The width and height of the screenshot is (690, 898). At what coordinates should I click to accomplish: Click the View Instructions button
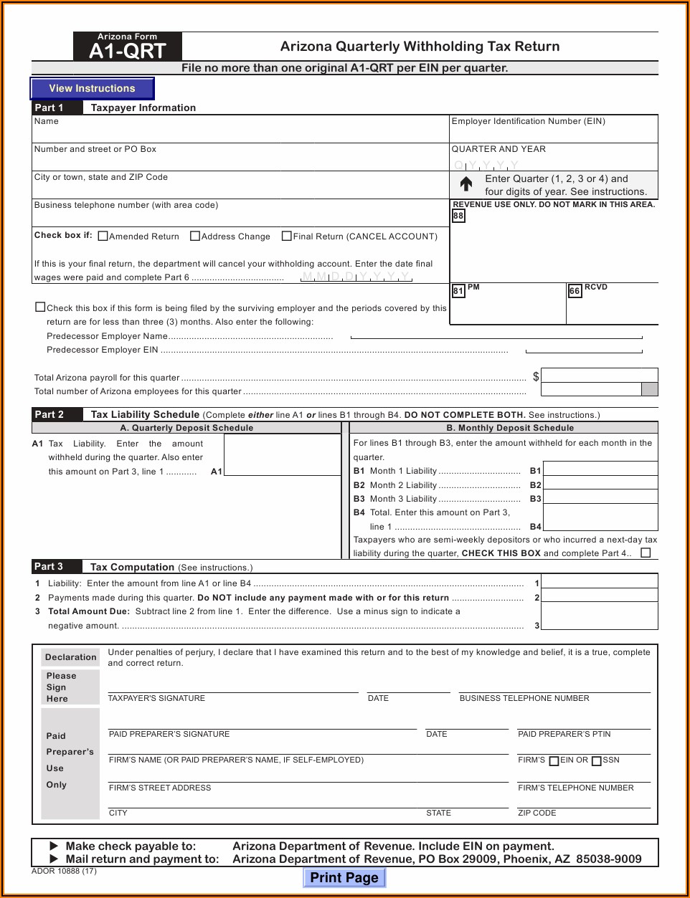92,88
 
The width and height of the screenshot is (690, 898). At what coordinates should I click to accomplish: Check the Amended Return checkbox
103,236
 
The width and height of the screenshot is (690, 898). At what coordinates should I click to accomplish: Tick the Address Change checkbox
195,236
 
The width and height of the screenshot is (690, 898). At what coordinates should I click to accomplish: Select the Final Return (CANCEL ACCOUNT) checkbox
287,236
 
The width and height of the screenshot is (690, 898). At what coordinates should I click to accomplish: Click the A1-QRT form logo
127,47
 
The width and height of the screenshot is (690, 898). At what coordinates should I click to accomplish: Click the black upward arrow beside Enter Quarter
466,184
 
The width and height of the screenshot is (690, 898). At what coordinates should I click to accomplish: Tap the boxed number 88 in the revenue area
458,216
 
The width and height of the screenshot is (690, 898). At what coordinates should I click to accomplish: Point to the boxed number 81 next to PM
458,291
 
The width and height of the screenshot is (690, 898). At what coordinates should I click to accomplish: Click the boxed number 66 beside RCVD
575,291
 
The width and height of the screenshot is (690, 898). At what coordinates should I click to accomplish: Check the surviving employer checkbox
41,307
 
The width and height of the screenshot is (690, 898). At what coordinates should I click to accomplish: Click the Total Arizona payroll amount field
599,376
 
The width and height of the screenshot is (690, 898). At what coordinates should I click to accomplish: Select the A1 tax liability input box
282,454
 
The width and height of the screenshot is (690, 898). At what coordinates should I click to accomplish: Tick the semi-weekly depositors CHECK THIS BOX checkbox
646,553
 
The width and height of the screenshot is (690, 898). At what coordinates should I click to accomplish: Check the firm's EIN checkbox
554,761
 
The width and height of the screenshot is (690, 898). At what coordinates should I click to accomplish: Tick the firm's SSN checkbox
597,761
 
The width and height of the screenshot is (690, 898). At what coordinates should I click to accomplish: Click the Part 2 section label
49,414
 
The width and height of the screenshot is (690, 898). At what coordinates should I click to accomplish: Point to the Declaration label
70,657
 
